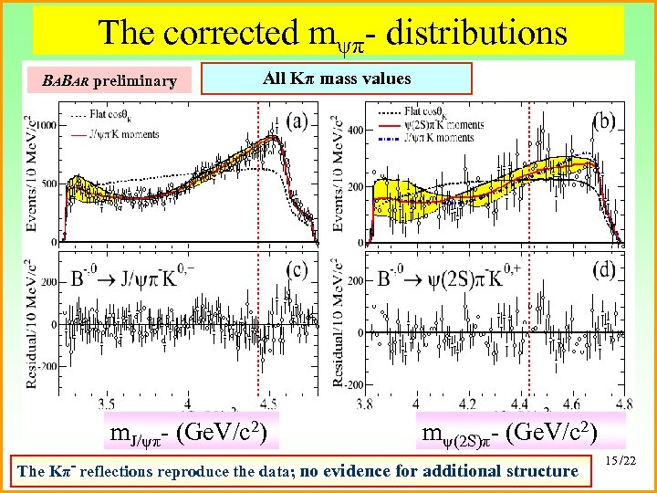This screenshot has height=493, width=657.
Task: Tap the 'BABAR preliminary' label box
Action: tap(109, 80)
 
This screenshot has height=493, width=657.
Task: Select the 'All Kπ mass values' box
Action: tap(337, 79)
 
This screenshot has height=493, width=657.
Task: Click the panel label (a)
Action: tap(296, 120)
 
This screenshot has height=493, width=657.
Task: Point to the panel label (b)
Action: tap(604, 120)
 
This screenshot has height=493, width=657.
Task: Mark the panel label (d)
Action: tap(604, 270)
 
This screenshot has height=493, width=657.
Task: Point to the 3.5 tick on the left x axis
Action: tap(106, 403)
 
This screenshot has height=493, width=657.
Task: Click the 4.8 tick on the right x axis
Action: tap(624, 403)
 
